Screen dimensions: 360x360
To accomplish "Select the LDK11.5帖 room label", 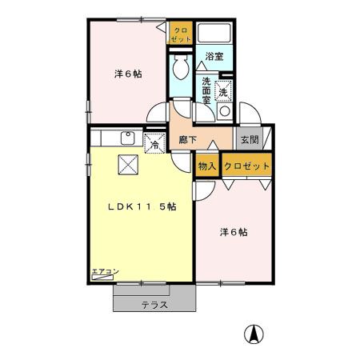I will coord(143,206).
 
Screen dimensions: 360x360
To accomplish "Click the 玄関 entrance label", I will coord(248,139).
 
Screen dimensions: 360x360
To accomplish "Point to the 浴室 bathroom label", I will coord(214,58).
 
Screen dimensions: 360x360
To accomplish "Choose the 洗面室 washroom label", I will coord(206,90).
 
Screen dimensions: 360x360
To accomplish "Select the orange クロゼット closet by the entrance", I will coord(246,166).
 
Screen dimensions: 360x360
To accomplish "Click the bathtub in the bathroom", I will coord(215,34).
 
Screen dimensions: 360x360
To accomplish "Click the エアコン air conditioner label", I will coord(105,272).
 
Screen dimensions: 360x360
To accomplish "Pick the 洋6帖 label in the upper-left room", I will coord(128,74).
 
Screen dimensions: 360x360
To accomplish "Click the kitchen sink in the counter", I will coord(126,138).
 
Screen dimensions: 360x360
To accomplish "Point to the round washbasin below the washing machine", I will coord(225,110).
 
